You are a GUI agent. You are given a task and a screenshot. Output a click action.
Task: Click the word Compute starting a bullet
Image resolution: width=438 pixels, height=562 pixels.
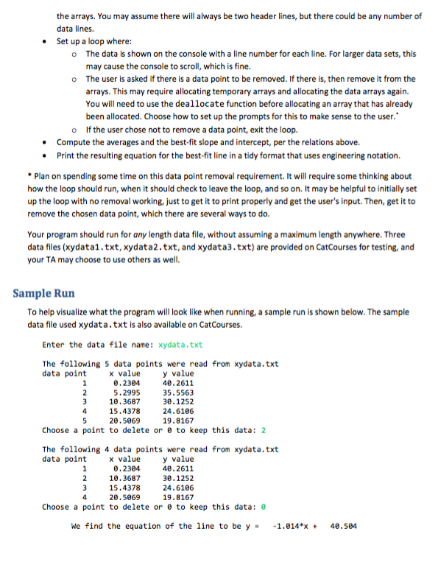(73, 142)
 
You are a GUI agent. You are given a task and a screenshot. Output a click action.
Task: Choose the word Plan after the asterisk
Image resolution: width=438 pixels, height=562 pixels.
(43, 176)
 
